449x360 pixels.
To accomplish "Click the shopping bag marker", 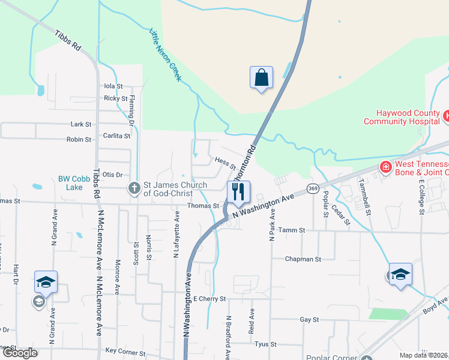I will (261, 77).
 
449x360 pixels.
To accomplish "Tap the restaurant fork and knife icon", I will (238, 192).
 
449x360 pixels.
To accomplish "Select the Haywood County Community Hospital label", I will (400, 116).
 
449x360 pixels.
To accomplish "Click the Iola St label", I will (113, 86).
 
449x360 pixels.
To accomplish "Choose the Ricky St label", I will (115, 98).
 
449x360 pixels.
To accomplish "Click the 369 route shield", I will (312, 188).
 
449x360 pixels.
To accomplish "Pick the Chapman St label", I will (303, 259).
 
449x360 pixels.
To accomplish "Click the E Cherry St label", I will (209, 298).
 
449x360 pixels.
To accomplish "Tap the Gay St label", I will (309, 320).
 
